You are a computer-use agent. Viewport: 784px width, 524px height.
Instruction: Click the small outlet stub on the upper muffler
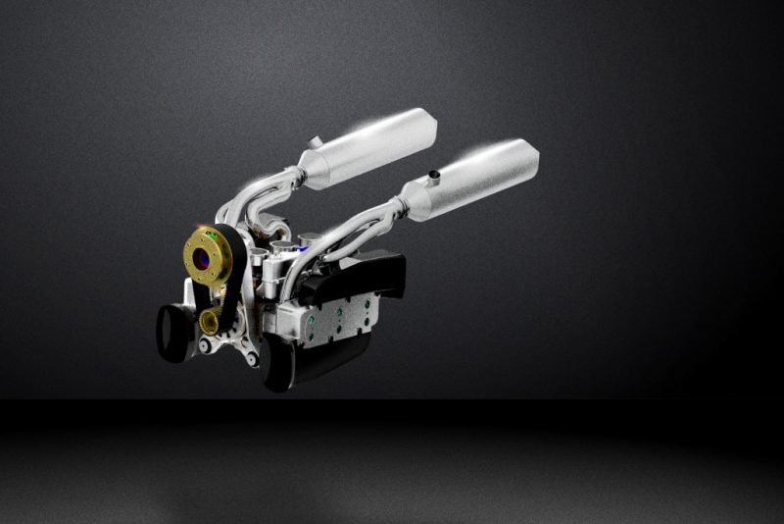tap(314, 142)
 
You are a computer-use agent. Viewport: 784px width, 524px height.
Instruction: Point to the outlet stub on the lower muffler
tap(431, 177)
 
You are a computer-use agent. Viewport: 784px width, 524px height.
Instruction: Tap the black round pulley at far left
tap(172, 330)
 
